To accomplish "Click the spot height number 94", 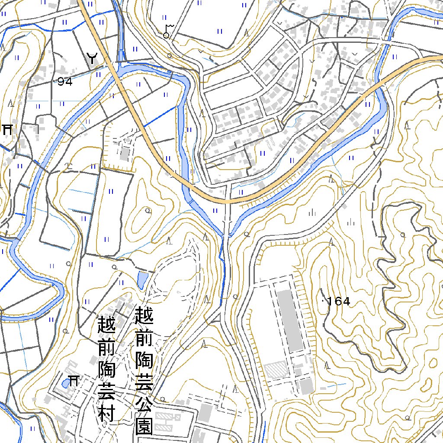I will click(65, 81).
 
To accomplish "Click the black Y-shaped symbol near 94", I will click(92, 58).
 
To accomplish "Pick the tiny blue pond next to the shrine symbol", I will click(65, 382).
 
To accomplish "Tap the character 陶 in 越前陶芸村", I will click(106, 368).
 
